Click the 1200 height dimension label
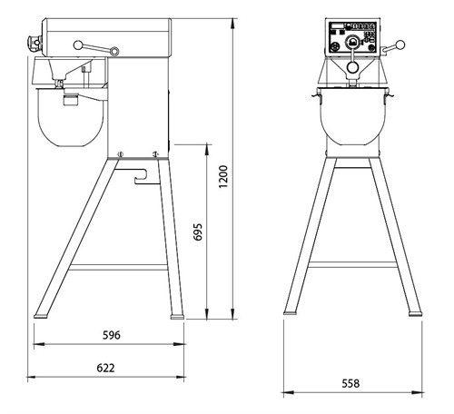click(223, 177)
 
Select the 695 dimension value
click(198, 232)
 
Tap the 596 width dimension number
click(112, 335)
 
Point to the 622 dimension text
click(105, 368)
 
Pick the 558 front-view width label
click(350, 383)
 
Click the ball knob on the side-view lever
click(78, 45)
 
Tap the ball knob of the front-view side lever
click(400, 45)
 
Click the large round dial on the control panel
click(352, 43)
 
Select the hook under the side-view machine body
click(141, 177)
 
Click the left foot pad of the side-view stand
click(41, 316)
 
